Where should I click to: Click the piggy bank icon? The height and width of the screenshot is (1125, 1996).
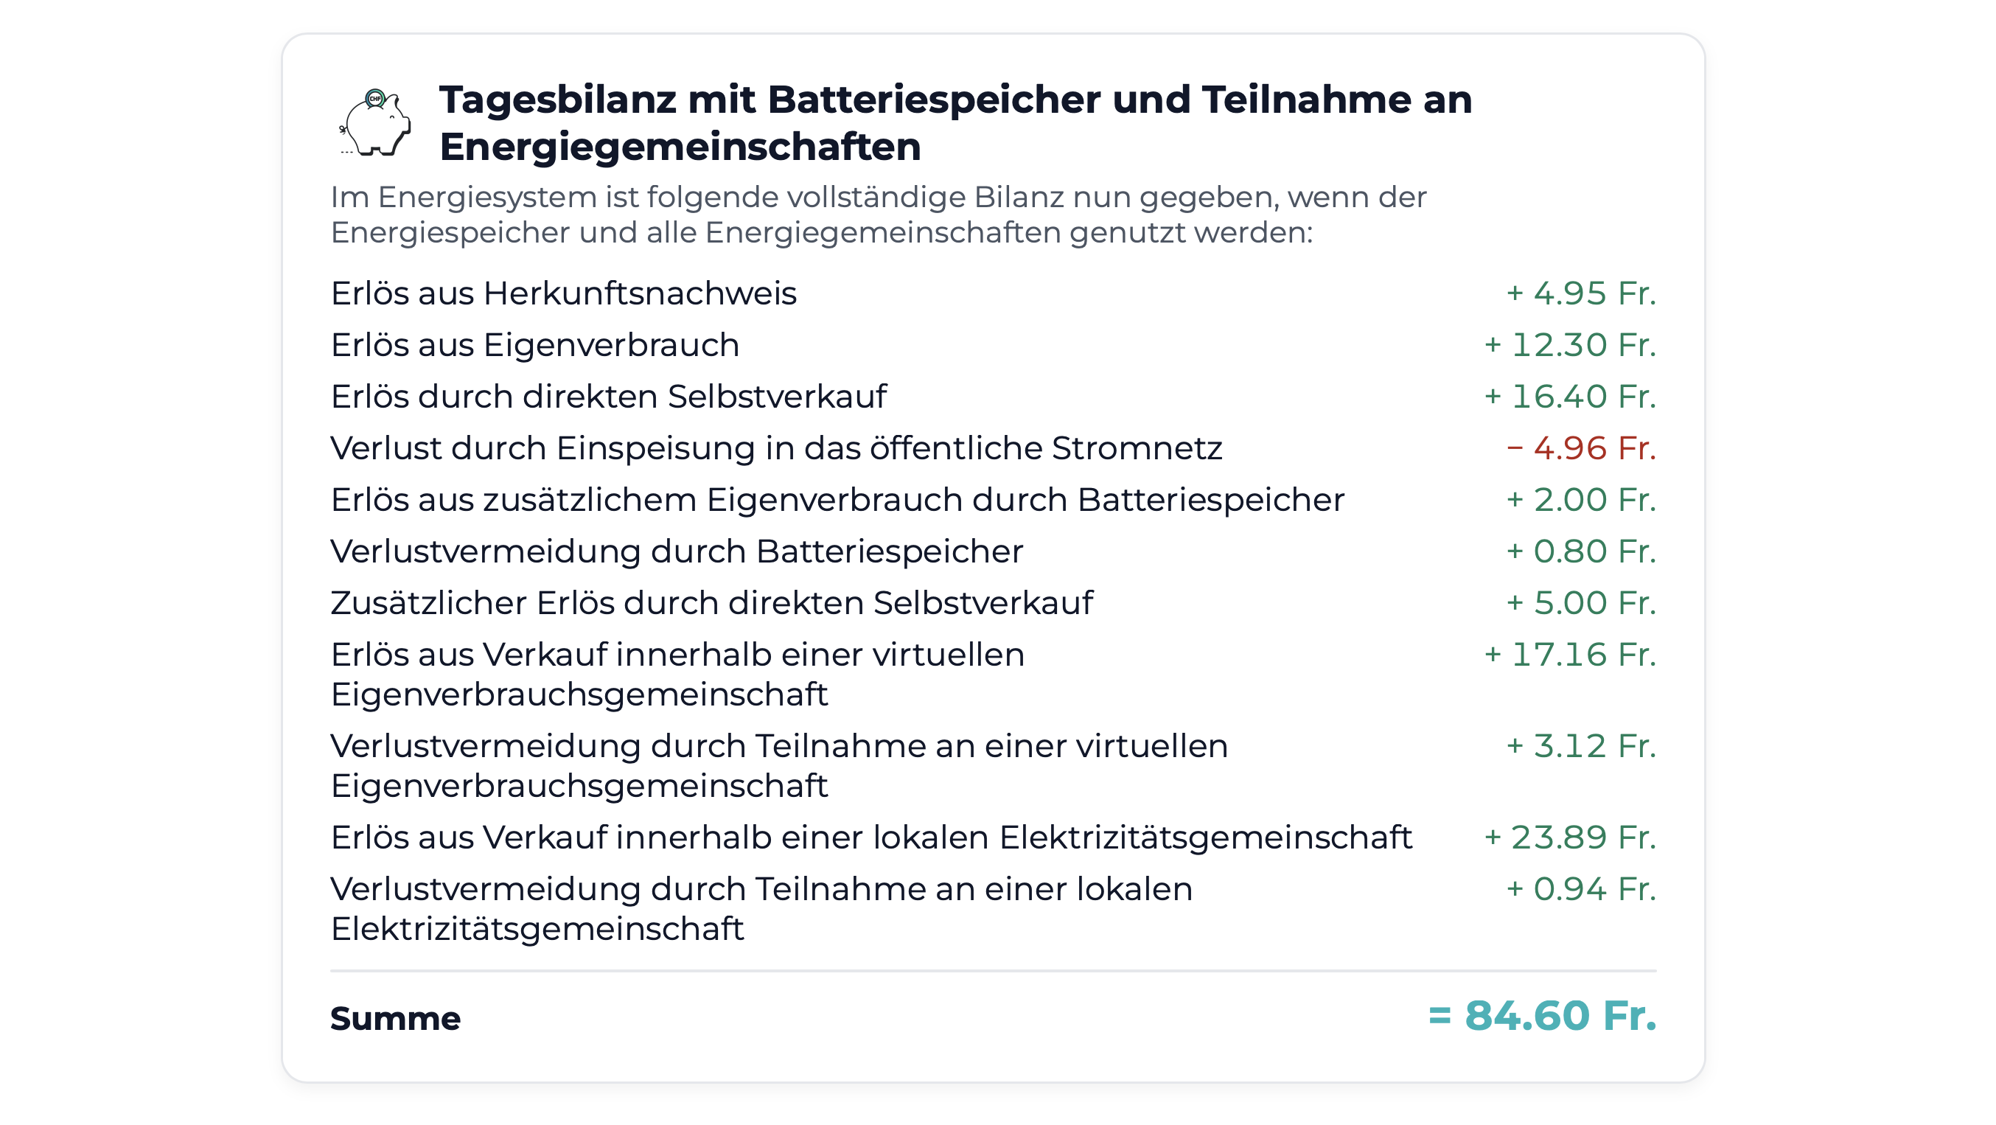[376, 123]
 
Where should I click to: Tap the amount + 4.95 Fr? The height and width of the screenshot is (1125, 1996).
[1581, 293]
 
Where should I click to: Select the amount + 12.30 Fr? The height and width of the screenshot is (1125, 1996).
[1570, 346]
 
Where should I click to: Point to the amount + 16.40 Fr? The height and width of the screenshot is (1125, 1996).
[1570, 397]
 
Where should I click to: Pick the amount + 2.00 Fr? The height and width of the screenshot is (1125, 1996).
[1581, 500]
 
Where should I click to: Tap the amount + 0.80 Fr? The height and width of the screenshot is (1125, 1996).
[1581, 551]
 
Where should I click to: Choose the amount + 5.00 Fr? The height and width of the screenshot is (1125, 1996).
[1581, 603]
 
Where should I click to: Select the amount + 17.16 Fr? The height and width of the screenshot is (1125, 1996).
[1570, 655]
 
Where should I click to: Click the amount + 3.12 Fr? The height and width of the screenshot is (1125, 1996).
[1581, 746]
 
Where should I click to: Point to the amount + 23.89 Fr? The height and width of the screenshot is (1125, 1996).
[1570, 837]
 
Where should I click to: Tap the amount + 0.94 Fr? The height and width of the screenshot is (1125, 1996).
[1581, 890]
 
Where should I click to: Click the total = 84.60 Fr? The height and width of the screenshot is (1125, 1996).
[1542, 1016]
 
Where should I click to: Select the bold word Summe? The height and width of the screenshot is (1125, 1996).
[395, 1019]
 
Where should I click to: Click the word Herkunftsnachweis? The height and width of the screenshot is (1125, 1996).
[640, 294]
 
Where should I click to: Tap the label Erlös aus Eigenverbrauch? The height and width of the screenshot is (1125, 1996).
[534, 346]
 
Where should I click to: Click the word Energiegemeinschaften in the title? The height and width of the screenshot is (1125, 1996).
[680, 147]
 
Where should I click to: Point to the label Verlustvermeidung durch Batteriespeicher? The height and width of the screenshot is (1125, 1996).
[677, 551]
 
